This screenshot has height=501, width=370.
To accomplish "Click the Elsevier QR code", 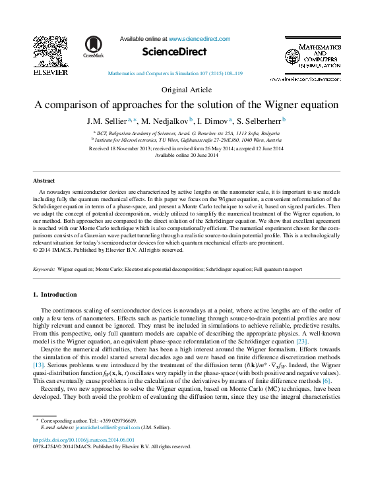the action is click(x=50, y=51).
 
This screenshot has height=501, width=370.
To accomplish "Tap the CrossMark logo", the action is click(x=94, y=47).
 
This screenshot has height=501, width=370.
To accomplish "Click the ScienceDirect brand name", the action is click(x=175, y=51).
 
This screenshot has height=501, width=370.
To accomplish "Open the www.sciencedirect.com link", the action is click(x=198, y=39).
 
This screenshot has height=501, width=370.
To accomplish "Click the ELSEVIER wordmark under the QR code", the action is click(x=50, y=72).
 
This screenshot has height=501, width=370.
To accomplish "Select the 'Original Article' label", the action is click(x=186, y=90).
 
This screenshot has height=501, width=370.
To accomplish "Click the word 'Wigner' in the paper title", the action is click(x=286, y=105).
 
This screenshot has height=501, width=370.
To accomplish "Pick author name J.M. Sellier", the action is click(x=108, y=121).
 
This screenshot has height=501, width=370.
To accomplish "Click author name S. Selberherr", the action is click(x=259, y=121).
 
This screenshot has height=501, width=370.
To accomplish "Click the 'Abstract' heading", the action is click(x=44, y=180).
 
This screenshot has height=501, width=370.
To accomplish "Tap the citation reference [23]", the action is click(x=301, y=341).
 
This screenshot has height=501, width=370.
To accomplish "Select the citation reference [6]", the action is click(x=326, y=380).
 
